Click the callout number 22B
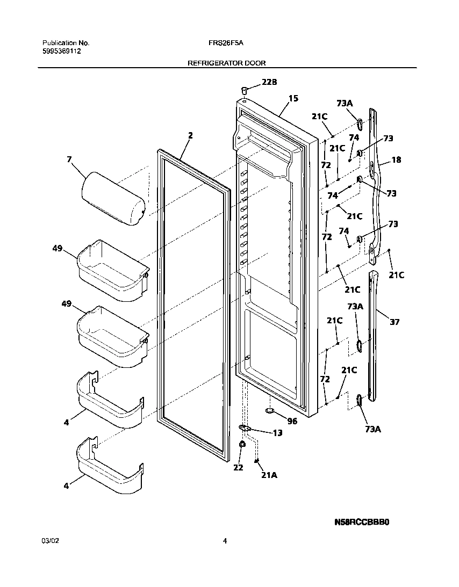269,82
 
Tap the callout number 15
293,98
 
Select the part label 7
68,160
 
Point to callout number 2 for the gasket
190,135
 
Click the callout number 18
397,160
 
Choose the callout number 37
395,322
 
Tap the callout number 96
292,421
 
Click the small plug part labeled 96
270,411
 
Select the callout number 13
277,433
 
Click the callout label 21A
269,474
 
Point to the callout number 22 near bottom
238,468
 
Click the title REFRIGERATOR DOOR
226,63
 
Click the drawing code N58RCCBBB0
361,521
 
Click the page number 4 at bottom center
225,541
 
